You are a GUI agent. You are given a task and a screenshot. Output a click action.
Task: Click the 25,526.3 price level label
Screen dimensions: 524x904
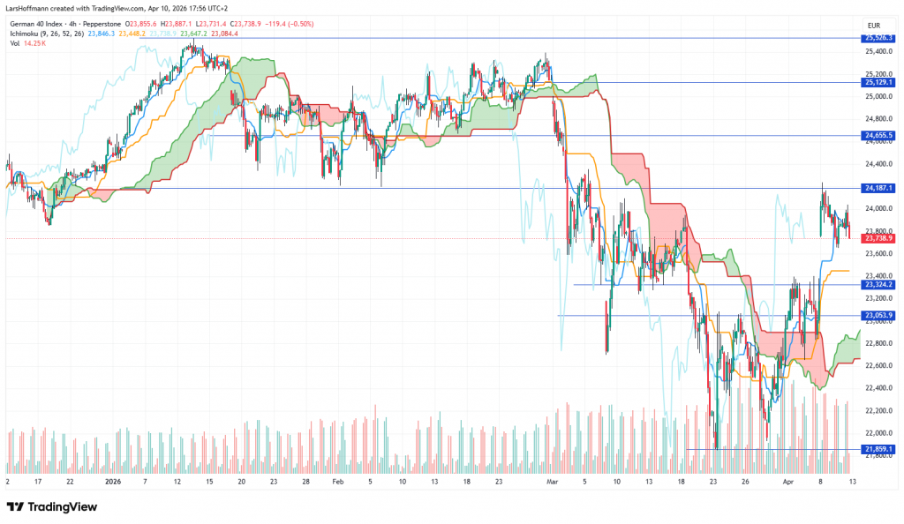(879, 38)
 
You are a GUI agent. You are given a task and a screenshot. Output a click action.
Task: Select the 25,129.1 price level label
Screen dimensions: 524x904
(879, 82)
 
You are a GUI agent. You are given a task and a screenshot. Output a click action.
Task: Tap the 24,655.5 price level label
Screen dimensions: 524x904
(879, 135)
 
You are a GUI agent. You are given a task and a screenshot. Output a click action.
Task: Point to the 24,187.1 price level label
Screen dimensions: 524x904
(879, 188)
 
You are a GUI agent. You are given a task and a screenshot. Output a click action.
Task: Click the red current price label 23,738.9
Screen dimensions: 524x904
(879, 238)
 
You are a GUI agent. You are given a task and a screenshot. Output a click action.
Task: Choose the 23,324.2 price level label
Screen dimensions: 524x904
(879, 284)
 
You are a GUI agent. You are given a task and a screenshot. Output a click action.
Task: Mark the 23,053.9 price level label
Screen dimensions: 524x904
(879, 315)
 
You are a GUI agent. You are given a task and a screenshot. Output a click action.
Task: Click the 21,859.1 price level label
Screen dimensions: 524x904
(879, 449)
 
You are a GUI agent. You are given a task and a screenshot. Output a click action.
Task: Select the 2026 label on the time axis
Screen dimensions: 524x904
(112, 483)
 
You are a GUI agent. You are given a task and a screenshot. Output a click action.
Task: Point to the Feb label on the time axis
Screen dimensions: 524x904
(338, 483)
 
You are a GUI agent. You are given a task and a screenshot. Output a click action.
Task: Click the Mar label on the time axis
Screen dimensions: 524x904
(554, 483)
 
